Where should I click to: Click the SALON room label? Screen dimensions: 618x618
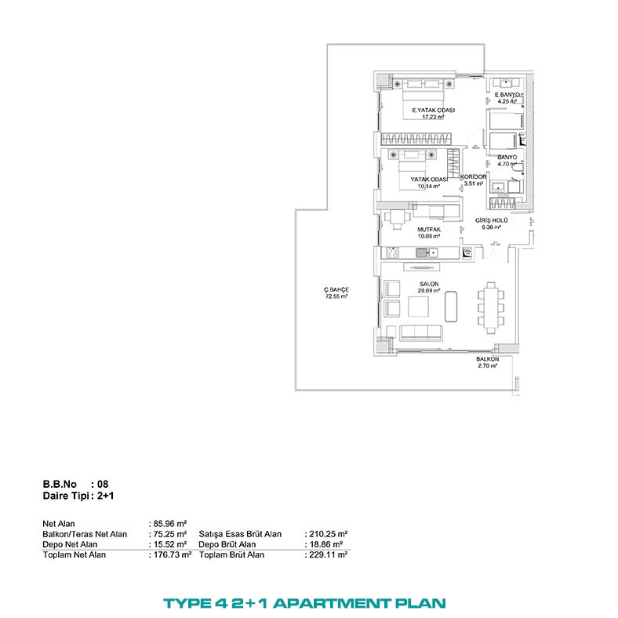pyautogui.click(x=429, y=284)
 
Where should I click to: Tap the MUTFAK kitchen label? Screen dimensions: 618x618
pyautogui.click(x=429, y=229)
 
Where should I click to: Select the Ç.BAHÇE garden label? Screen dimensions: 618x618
pyautogui.click(x=336, y=289)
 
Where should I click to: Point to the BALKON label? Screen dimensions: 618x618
pyautogui.click(x=488, y=359)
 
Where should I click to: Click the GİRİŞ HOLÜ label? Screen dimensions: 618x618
pyautogui.click(x=491, y=220)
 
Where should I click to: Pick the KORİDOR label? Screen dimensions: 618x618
pyautogui.click(x=474, y=177)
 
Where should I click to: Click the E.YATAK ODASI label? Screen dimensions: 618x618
pyautogui.click(x=433, y=111)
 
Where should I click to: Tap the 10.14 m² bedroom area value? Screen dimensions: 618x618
pyautogui.click(x=429, y=187)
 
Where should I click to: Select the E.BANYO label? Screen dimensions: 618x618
pyautogui.click(x=507, y=95)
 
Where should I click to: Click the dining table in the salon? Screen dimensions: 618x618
pyautogui.click(x=491, y=307)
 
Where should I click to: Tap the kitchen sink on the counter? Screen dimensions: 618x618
pyautogui.click(x=427, y=253)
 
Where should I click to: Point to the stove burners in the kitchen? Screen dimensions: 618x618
pyautogui.click(x=392, y=253)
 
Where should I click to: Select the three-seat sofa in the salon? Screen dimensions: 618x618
pyautogui.click(x=421, y=333)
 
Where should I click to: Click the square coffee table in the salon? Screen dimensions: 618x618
pyautogui.click(x=418, y=306)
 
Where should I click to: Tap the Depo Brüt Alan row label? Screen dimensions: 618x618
pyautogui.click(x=227, y=544)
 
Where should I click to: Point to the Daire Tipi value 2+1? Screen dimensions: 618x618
pyautogui.click(x=106, y=496)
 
